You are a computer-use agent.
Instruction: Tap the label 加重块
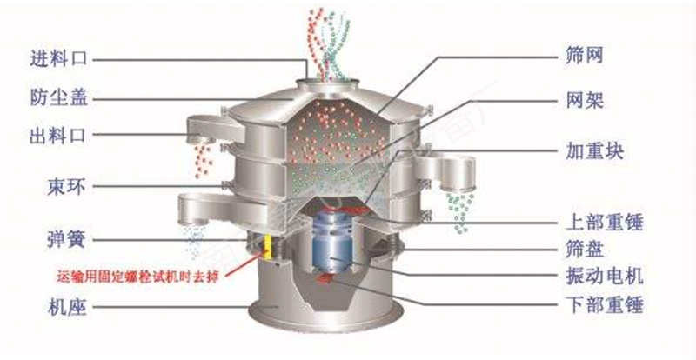(592, 151)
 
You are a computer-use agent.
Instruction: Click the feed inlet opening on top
(331, 82)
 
